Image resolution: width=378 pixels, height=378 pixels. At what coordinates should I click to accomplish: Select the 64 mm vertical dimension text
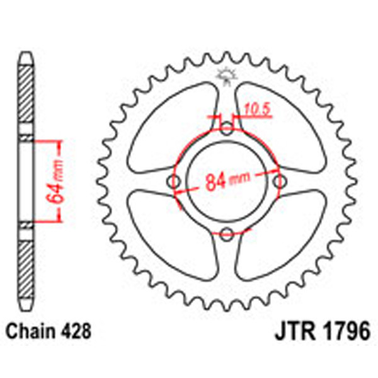coord(57,180)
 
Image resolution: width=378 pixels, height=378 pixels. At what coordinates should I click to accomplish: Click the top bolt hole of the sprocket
coord(227,130)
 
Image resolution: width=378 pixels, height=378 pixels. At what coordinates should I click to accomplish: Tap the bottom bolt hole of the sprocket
coord(227,234)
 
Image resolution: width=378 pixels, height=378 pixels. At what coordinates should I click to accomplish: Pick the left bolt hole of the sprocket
coord(175,182)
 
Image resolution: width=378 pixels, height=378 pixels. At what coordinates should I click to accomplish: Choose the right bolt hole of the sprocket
coord(279,182)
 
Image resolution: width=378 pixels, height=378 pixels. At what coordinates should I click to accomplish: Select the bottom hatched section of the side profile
coord(25,265)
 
